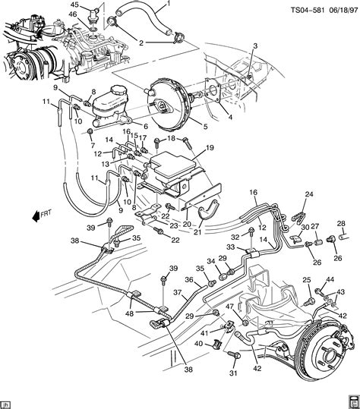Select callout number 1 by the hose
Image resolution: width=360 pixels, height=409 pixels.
168,5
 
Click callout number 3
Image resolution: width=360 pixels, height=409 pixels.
256,46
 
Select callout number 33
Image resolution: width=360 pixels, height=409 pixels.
229,247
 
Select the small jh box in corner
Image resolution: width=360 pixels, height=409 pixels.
7,404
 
